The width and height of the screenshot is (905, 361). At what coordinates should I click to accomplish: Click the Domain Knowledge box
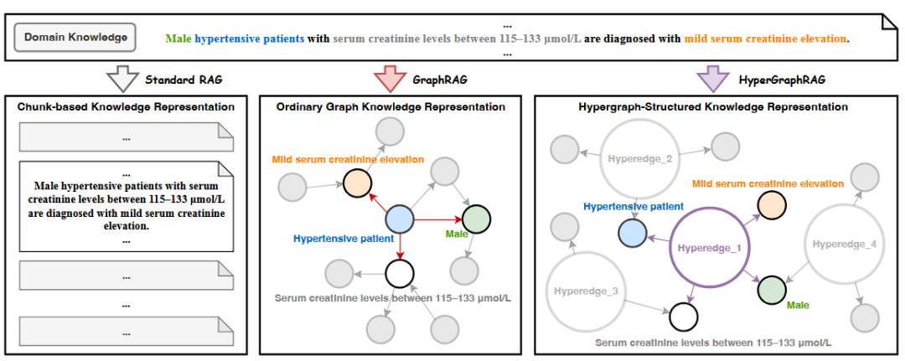75,38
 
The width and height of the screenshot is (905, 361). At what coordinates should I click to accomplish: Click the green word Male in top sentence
178,39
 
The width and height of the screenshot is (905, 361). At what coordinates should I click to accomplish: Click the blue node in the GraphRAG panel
400,219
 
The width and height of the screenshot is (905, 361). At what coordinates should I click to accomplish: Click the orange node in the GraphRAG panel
356,182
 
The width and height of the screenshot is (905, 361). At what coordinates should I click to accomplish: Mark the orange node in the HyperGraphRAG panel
771,205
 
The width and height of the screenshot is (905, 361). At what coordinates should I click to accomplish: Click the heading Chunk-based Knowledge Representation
127,107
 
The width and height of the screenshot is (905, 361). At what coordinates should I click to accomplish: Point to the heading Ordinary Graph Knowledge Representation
390,107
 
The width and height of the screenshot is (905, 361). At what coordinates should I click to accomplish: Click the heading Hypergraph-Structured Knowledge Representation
713,107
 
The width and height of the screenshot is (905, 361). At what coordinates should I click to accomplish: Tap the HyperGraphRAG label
772,80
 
